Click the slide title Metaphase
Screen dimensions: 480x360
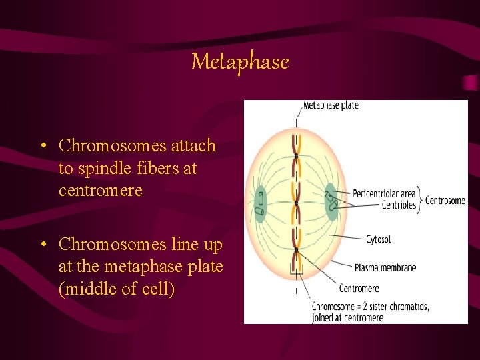coord(240,62)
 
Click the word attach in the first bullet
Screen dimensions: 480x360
coord(192,145)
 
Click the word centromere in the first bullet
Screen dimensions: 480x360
coord(101,191)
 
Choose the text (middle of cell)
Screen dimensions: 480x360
coord(117,289)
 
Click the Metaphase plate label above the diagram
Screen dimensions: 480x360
coord(331,106)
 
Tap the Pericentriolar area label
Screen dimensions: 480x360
coord(384,194)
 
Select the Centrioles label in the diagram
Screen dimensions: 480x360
coord(399,205)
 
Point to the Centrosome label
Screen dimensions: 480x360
coord(445,200)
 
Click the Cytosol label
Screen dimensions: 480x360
coord(378,239)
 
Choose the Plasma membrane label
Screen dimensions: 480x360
coord(385,267)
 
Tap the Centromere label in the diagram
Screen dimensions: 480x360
coord(359,289)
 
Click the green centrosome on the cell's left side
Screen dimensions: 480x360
coord(259,202)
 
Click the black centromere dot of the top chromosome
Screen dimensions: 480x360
coord(297,155)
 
